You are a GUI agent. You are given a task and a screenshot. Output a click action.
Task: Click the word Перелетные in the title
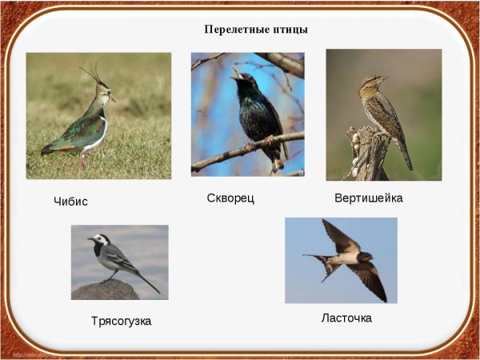[x=230, y=30]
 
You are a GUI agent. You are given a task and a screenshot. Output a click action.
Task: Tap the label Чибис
[x=70, y=202]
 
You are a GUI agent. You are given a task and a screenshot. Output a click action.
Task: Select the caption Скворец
[x=230, y=198]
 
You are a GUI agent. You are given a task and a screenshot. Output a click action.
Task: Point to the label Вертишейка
[x=368, y=198]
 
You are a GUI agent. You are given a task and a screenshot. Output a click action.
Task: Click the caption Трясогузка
[x=121, y=321]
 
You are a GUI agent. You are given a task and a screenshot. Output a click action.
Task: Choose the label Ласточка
[x=346, y=318]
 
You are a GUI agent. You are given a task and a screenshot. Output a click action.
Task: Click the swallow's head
[x=366, y=258]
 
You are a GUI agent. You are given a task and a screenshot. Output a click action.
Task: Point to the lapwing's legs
[x=82, y=160]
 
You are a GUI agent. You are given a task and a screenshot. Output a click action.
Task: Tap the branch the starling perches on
[x=240, y=151]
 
